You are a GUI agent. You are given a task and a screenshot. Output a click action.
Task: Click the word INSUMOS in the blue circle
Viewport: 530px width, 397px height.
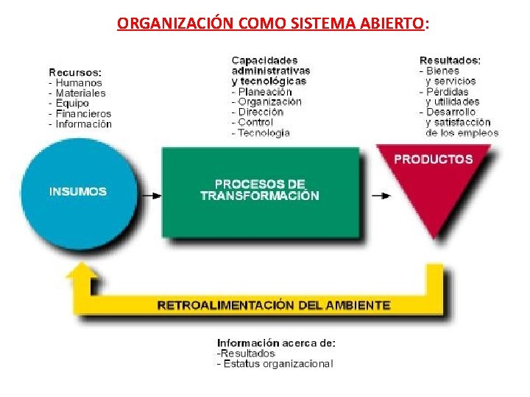point(77,191)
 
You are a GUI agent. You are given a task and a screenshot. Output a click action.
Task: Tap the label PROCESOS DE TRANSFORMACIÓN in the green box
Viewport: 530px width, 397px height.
point(260,190)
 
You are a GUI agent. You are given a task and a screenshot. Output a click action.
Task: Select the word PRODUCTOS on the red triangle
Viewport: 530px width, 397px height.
point(434,159)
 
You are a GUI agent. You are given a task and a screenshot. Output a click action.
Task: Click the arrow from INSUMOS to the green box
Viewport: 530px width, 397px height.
point(151,196)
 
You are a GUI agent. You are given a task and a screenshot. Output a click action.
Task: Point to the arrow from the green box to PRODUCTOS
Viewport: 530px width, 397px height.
point(381,196)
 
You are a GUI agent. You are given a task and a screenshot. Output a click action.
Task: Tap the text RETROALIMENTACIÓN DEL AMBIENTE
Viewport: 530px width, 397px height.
point(274,304)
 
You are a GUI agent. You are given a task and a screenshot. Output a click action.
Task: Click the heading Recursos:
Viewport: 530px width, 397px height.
point(75,72)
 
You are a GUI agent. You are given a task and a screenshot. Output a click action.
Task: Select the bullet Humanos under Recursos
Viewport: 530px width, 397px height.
point(79,83)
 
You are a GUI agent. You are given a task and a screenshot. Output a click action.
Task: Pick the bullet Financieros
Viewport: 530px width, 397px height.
point(83,114)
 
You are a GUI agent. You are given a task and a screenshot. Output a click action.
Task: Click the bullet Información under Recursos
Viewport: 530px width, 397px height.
point(84,124)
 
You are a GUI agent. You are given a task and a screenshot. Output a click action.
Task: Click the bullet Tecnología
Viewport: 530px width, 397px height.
point(264,133)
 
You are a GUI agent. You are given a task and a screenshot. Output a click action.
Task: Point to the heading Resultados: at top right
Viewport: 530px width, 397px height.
point(451,60)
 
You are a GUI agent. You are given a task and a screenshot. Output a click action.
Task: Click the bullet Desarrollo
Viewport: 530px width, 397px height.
point(451,112)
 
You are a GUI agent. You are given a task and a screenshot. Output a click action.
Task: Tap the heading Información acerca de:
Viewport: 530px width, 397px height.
point(276,343)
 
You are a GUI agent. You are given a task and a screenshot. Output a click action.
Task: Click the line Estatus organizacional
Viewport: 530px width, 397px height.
point(278,363)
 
